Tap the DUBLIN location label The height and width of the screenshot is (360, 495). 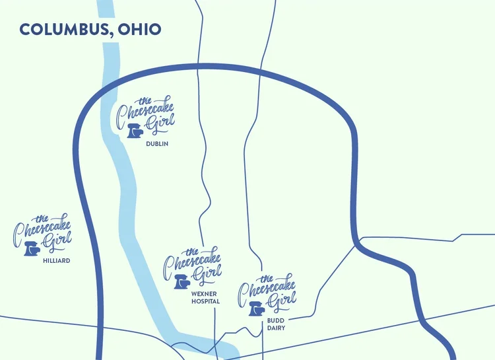tap(157, 143)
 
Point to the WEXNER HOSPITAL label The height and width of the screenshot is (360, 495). tap(205, 297)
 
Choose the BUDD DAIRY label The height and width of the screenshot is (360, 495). tap(276, 324)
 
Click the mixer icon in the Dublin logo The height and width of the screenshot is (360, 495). tap(134, 131)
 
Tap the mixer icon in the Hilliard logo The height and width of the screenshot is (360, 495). tap(31, 248)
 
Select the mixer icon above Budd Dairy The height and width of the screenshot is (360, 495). tap(257, 308)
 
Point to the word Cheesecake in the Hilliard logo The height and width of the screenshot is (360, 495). tap(43, 231)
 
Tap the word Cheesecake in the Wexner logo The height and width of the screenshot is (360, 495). tap(193, 264)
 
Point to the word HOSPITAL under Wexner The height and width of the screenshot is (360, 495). tap(205, 301)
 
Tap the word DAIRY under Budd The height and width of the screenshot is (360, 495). tap(276, 328)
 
